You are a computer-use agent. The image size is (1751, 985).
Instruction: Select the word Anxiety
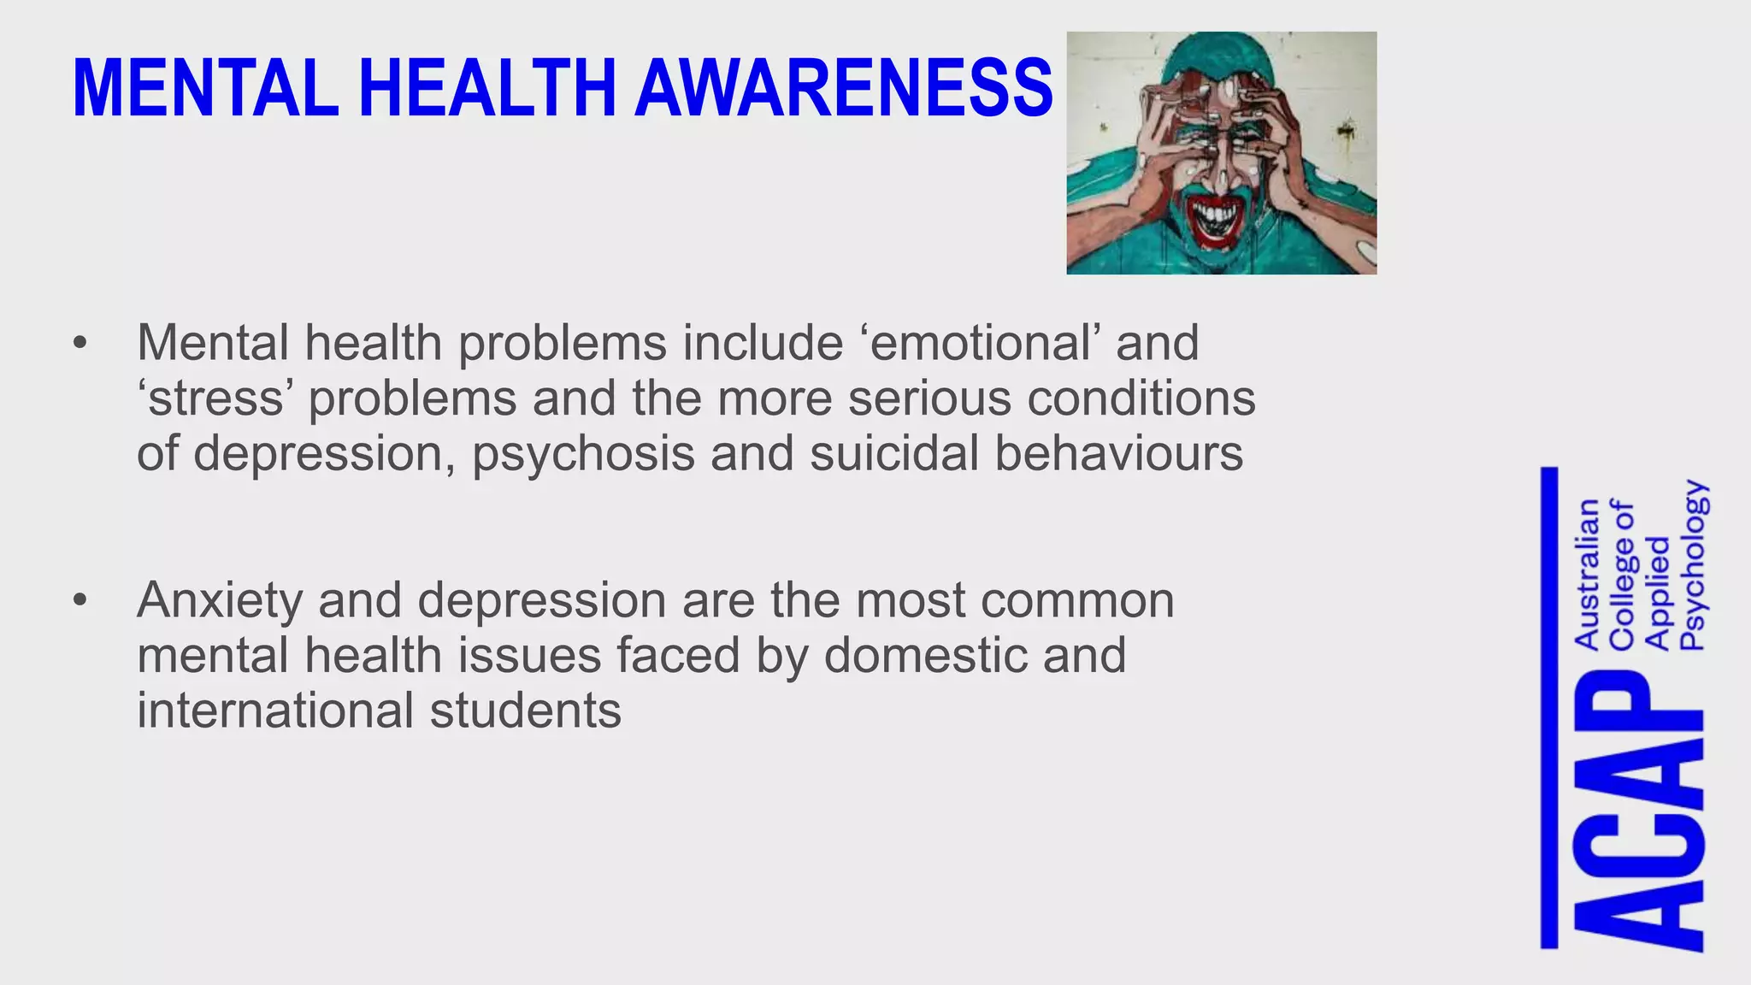220,600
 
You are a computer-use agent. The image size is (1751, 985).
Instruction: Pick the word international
275,711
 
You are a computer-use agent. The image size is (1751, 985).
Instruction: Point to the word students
525,711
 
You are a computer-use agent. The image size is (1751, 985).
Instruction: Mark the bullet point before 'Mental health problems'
80,344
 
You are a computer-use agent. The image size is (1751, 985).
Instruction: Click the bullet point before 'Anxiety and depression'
80,601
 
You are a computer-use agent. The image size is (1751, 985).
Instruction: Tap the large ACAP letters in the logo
1639,808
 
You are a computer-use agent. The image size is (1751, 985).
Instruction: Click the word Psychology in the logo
1693,564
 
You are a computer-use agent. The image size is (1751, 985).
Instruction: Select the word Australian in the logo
1587,573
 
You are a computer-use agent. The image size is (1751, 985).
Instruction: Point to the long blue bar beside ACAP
1549,707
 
